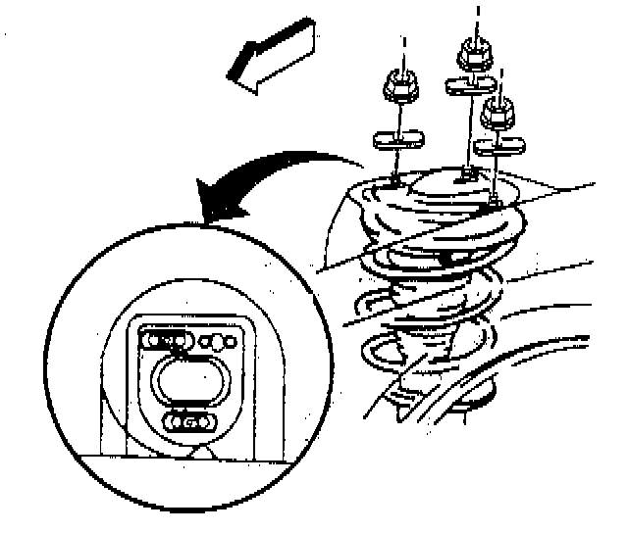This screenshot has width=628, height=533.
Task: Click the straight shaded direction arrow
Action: pos(274,54)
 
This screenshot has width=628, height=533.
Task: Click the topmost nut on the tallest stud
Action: pos(474,50)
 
